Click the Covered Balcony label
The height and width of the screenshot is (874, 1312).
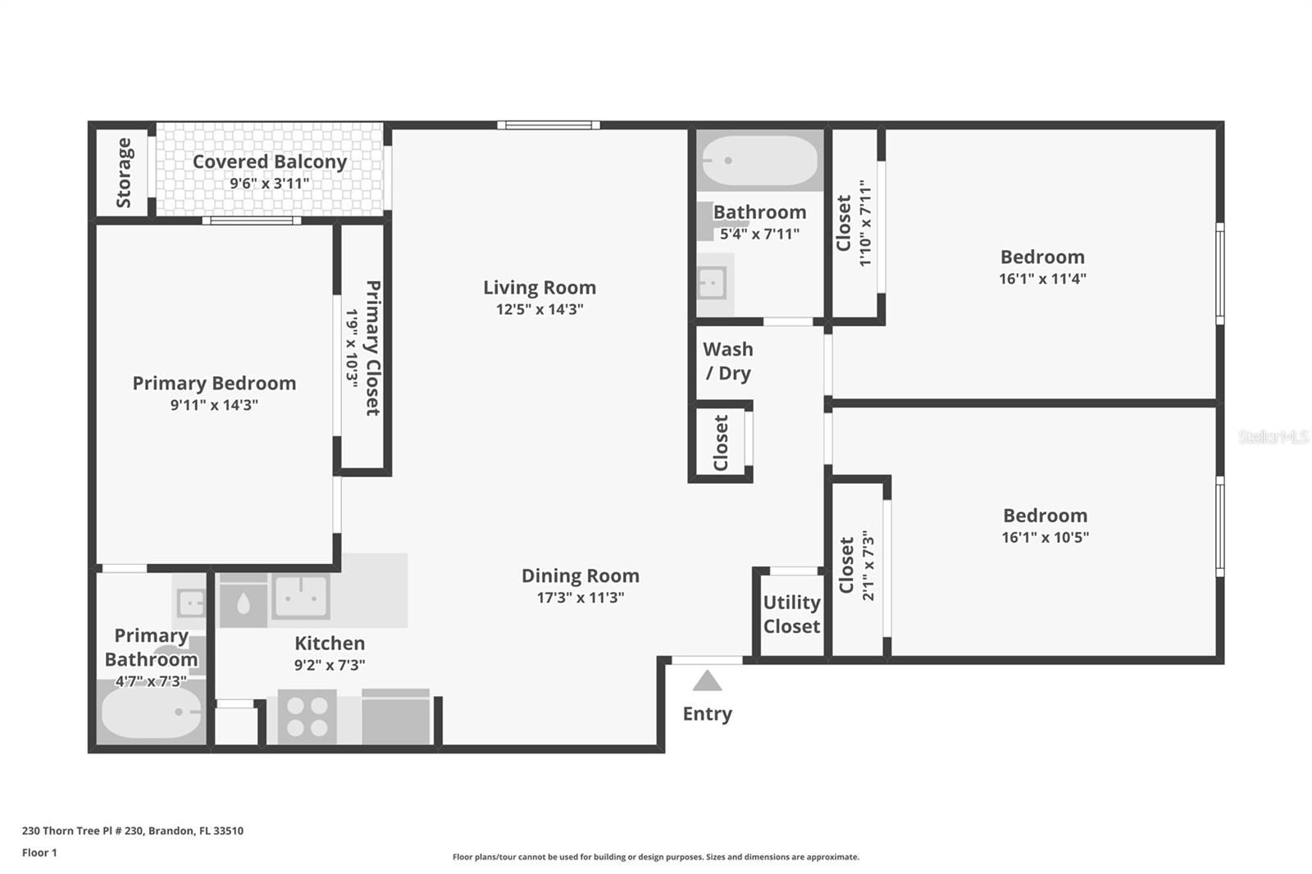[x=270, y=162]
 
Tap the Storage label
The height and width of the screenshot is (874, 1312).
[x=124, y=173]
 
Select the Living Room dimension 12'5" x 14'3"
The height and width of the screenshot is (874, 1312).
[x=540, y=309]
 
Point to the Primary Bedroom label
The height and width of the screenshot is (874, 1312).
[x=214, y=383]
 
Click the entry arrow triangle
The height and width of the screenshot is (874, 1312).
[x=707, y=681]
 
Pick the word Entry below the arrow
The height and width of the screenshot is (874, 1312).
[x=708, y=714]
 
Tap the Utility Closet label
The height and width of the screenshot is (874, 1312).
[x=791, y=614]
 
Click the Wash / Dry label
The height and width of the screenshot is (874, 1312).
[x=728, y=361]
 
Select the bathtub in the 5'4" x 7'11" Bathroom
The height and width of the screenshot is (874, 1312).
[x=759, y=160]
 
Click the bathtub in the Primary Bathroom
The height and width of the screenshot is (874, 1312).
[x=151, y=712]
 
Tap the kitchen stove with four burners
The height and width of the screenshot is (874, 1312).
[x=307, y=717]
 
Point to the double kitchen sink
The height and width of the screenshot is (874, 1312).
[x=301, y=596]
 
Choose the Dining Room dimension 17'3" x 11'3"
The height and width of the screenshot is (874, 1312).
[x=581, y=598]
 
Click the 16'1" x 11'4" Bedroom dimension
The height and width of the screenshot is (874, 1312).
[x=1042, y=279]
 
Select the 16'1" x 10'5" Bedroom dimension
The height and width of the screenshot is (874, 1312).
[x=1045, y=537]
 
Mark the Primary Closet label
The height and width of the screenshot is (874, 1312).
[x=373, y=348]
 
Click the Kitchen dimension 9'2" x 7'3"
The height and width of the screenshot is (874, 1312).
[x=330, y=665]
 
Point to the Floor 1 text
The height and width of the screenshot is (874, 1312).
[x=40, y=853]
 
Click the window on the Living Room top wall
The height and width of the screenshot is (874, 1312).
[x=549, y=125]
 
